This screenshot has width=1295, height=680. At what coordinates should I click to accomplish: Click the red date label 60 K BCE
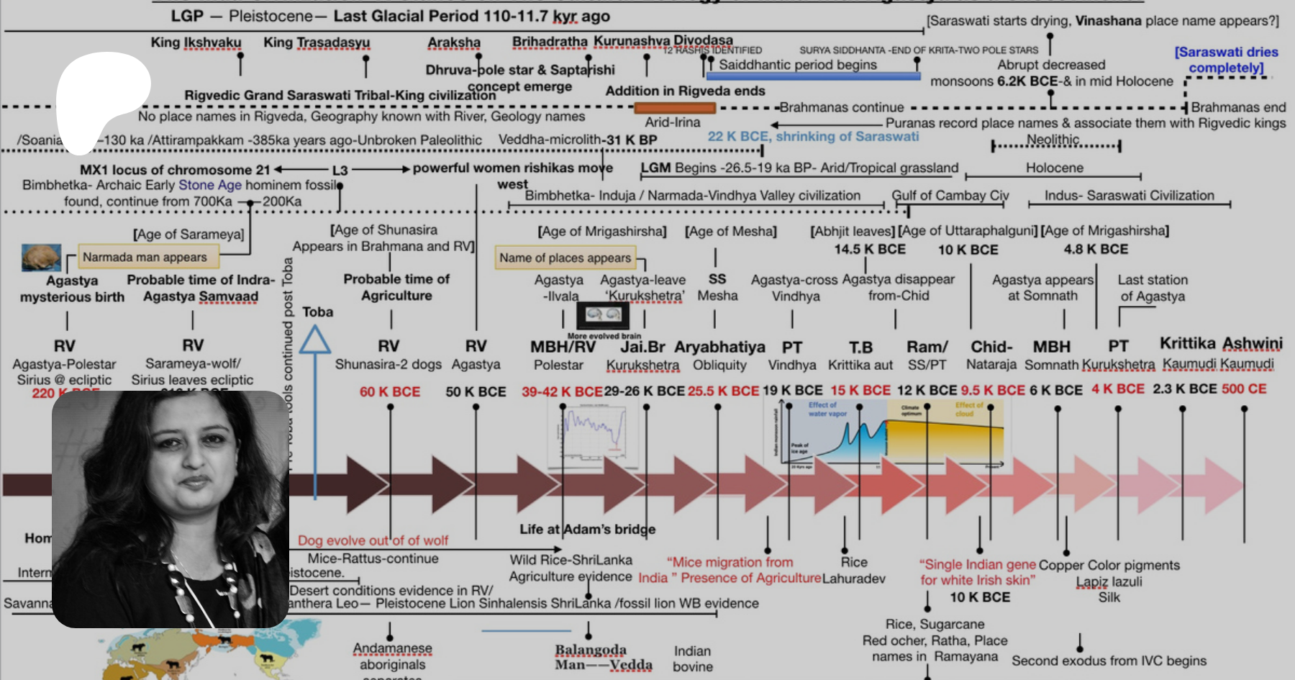390,391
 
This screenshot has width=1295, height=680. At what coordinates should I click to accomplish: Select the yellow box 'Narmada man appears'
145,257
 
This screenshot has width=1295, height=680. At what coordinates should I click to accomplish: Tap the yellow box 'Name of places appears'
565,258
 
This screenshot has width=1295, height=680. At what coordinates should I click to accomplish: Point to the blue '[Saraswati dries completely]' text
1226,60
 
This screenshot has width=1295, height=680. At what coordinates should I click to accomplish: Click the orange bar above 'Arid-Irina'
675,108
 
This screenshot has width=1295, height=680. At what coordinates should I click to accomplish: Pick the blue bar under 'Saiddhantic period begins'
813,76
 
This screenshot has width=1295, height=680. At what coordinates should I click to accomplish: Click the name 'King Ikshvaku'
196,42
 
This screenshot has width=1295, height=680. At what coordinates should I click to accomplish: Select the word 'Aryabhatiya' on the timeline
719,347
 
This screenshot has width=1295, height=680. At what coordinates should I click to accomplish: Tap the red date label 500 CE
1244,389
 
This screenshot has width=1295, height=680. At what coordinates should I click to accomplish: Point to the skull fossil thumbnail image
41,258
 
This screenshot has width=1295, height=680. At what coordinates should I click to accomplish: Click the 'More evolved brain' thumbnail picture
604,314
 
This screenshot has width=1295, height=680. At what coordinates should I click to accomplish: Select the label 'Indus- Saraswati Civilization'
1129,195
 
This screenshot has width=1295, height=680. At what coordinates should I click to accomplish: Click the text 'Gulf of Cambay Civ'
950,195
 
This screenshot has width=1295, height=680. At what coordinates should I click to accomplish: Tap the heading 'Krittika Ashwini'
1221,343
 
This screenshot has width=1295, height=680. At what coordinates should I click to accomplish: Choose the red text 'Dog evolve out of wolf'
373,540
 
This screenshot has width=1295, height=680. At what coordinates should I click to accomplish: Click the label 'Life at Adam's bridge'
587,529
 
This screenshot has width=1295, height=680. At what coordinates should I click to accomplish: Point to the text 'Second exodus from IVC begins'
1109,661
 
